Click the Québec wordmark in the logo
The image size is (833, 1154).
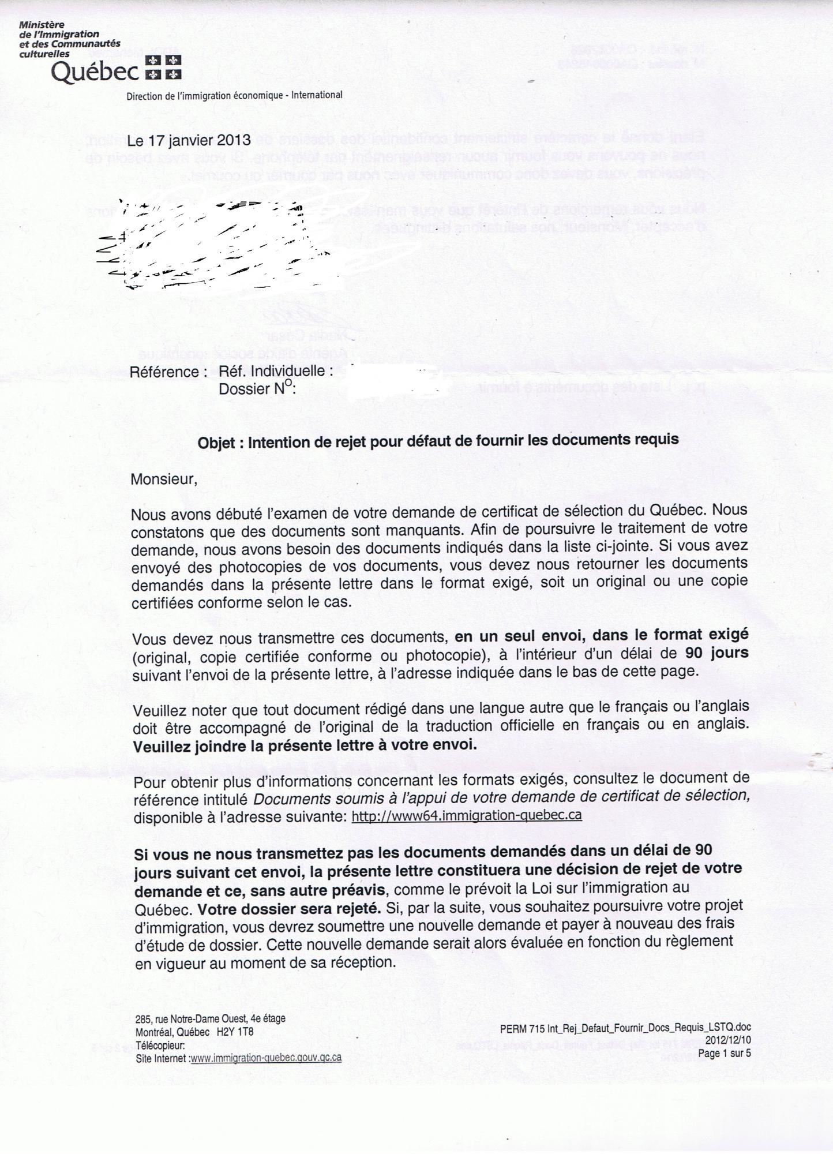95,73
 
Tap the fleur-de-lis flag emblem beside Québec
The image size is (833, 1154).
163,68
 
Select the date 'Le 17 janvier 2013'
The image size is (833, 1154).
189,141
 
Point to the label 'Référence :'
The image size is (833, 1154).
168,372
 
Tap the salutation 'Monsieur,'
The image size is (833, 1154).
164,479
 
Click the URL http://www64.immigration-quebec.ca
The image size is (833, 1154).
466,815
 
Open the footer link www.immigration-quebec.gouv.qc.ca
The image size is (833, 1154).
266,1058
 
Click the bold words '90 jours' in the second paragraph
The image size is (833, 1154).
716,653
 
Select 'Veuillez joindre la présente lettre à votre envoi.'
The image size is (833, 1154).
305,745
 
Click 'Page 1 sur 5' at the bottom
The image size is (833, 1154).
724,1054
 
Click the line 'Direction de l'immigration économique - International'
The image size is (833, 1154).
234,95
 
